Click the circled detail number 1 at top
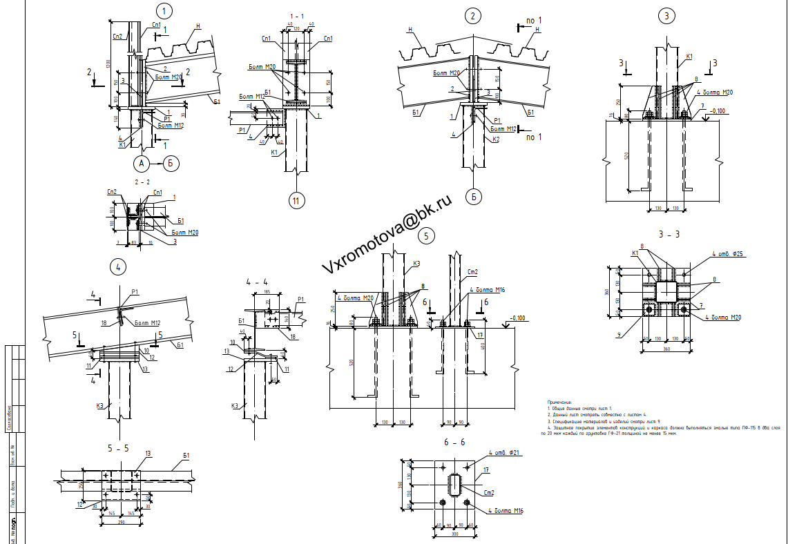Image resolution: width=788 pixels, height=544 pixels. pos(164,11)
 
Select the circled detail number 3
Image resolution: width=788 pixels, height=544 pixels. pos(666,15)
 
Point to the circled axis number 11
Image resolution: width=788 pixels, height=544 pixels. pos(296,201)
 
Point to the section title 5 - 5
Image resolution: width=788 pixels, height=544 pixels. pos(118,448)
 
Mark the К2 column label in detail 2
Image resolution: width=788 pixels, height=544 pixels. pos(497,139)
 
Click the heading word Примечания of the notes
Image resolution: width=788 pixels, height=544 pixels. pos(560,401)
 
